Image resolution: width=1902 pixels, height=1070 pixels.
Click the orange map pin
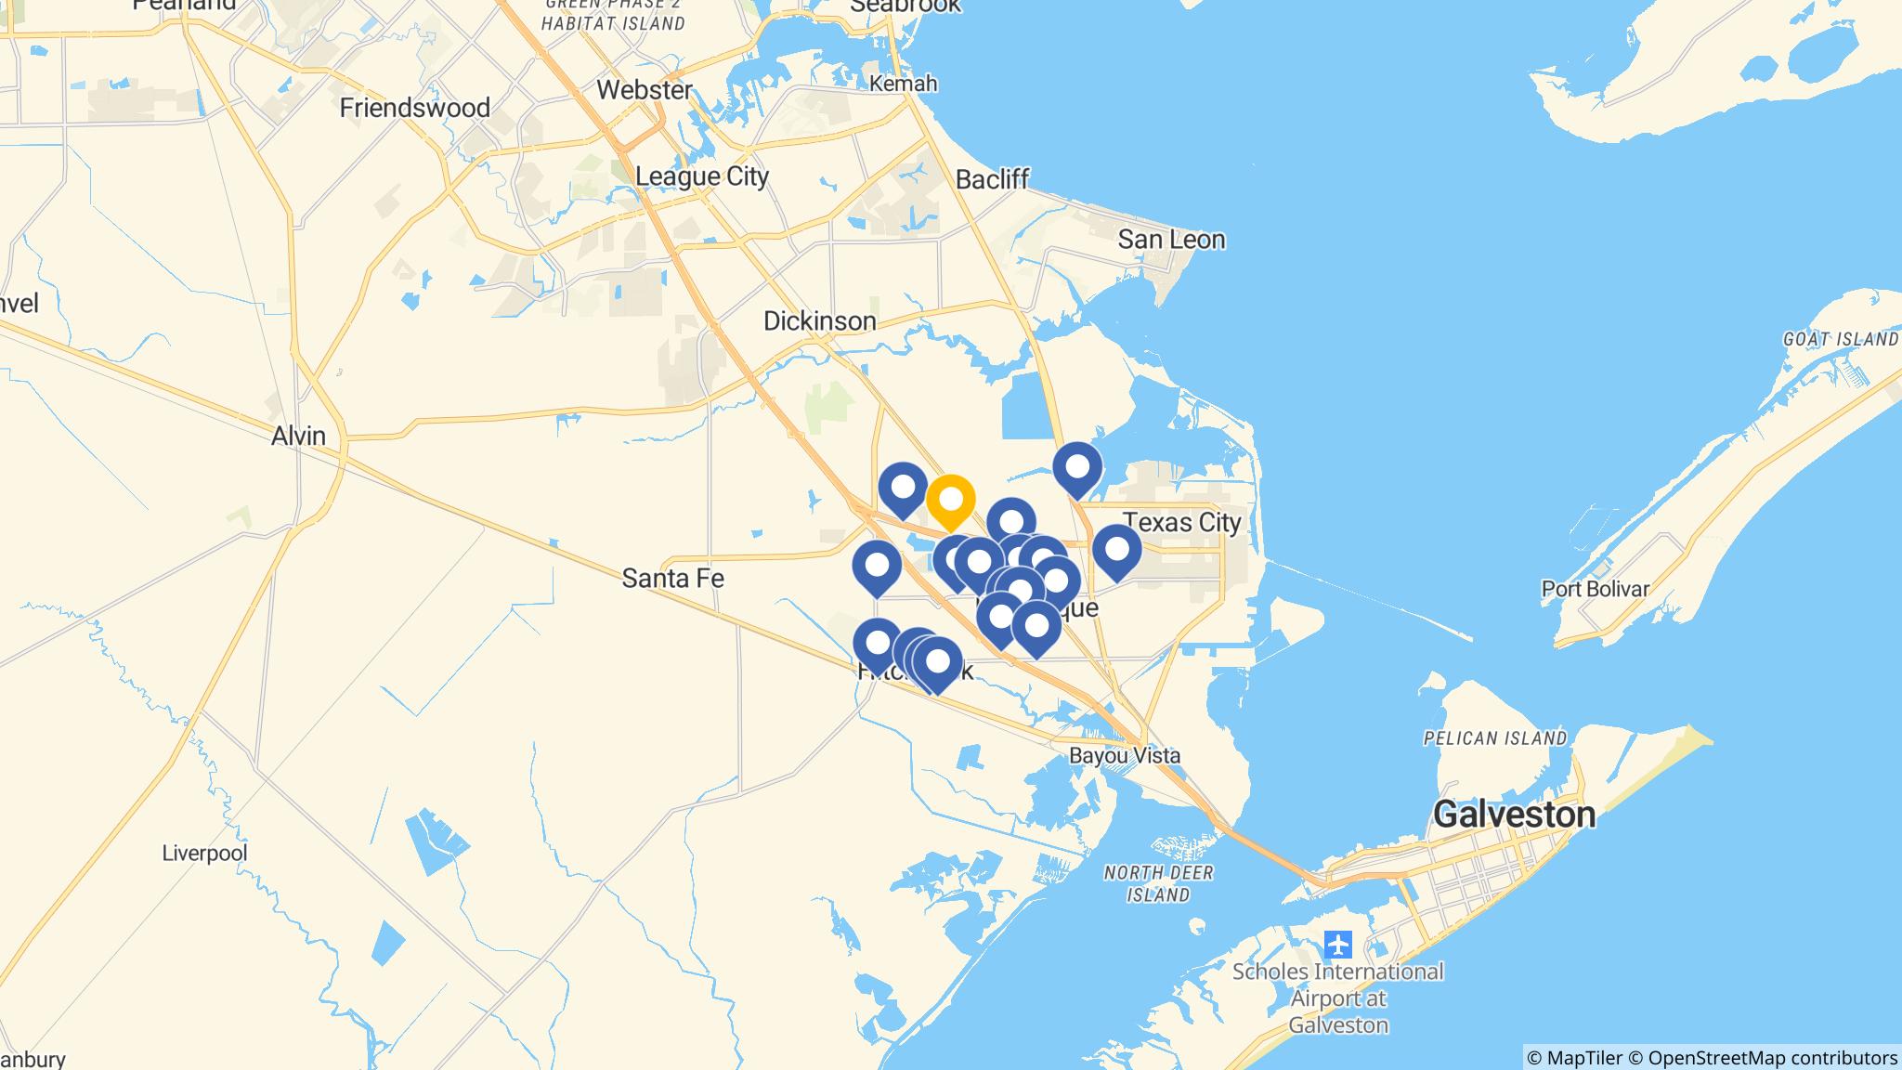pyautogui.click(x=950, y=502)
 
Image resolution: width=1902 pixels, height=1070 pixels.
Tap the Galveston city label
pyautogui.click(x=1514, y=815)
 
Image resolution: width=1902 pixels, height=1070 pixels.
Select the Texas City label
pyautogui.click(x=1182, y=522)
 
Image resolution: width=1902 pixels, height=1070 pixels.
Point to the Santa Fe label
pyautogui.click(x=672, y=579)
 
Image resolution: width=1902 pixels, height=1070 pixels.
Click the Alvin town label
pyautogui.click(x=298, y=436)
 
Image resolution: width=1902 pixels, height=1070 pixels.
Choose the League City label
pyautogui.click(x=702, y=176)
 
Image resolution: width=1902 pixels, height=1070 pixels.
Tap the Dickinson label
pyautogui.click(x=819, y=321)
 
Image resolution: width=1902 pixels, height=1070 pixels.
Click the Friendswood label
pyautogui.click(x=414, y=108)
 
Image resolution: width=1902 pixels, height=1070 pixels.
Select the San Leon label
pyautogui.click(x=1171, y=240)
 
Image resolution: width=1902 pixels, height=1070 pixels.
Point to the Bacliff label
pyautogui.click(x=993, y=179)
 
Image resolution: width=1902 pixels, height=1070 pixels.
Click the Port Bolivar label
pyautogui.click(x=1596, y=589)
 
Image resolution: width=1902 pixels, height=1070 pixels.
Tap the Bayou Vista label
pyautogui.click(x=1125, y=755)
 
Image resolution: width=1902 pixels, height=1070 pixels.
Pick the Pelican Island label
pyautogui.click(x=1495, y=738)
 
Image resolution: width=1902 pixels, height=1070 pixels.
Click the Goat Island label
pyautogui.click(x=1840, y=339)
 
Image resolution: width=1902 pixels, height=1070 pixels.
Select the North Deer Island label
pyautogui.click(x=1158, y=883)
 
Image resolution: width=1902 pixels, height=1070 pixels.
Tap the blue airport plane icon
pyautogui.click(x=1337, y=945)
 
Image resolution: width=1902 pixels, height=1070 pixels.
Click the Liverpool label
pyautogui.click(x=204, y=853)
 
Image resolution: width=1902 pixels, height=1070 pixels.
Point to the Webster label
pyautogui.click(x=645, y=90)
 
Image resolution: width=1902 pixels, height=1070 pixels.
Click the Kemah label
pyautogui.click(x=903, y=84)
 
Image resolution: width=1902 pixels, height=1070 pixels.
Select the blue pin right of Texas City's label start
pyautogui.click(x=1116, y=551)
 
